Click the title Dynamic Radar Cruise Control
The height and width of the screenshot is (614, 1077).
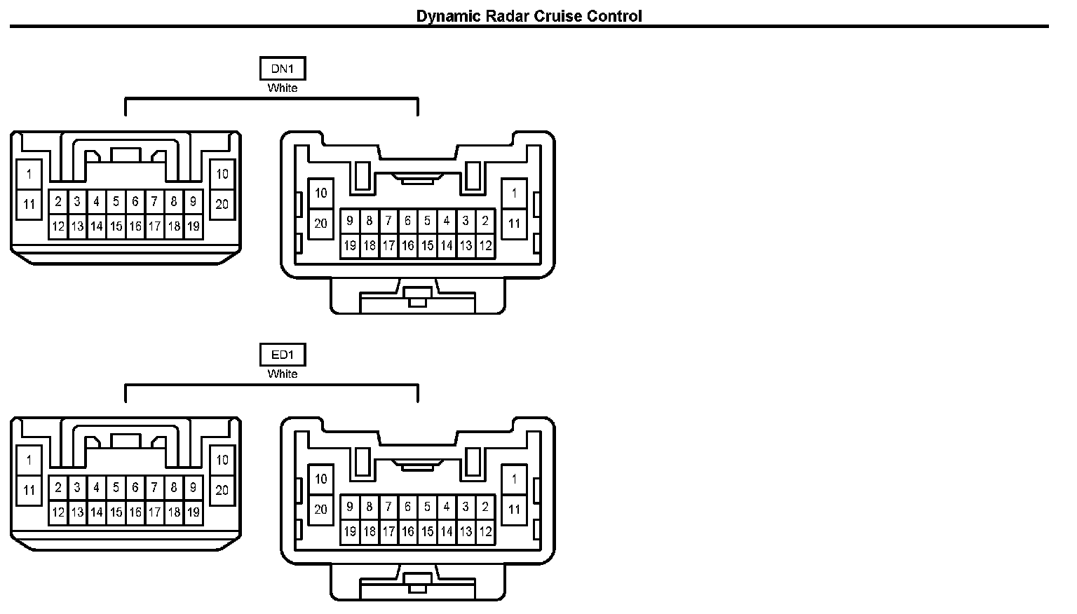tap(529, 15)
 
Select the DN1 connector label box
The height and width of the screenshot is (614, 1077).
tap(283, 69)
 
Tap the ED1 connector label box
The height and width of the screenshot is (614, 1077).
tap(283, 355)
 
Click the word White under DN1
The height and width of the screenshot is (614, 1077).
tap(283, 88)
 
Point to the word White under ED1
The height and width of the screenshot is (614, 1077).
tap(283, 374)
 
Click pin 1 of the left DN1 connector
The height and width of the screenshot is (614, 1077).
tap(29, 174)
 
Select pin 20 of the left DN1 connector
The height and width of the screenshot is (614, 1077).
tap(222, 204)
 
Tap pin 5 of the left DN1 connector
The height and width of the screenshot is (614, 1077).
tap(116, 202)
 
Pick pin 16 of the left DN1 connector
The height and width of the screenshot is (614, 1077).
tap(135, 226)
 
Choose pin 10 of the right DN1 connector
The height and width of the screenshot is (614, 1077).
tap(321, 193)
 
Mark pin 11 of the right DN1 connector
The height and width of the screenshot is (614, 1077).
tap(514, 224)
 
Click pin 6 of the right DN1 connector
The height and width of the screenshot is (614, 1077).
tap(408, 221)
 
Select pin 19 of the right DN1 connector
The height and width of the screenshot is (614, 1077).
tap(350, 246)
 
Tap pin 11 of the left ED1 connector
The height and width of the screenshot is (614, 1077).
tap(29, 490)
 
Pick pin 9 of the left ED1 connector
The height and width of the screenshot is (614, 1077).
tap(193, 488)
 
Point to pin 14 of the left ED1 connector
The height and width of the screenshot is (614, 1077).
tap(97, 512)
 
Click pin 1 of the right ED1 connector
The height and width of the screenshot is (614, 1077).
tap(514, 479)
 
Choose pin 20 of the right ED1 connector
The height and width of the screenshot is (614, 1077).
tap(321, 510)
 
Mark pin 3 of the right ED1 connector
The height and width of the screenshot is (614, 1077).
tap(466, 507)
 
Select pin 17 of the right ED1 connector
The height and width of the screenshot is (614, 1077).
tap(388, 532)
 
